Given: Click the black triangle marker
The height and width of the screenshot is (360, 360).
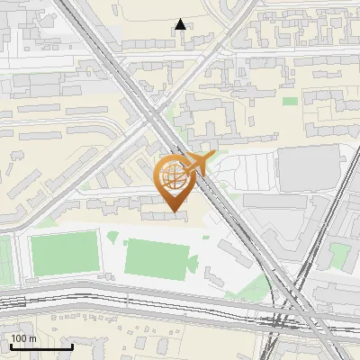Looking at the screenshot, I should pos(181,24).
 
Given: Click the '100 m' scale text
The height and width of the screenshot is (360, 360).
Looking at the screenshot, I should pos(24,338).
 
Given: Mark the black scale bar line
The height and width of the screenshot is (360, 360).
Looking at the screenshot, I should pos(41,347).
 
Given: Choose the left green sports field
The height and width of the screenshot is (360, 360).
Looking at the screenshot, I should pos(64,253).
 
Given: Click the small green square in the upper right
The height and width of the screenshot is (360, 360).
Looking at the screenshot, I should pos(289,101).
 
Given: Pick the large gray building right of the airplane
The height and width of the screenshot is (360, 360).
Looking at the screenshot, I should pos(310,167).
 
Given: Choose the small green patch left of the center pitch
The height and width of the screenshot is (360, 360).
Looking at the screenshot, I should pos(112,238).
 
